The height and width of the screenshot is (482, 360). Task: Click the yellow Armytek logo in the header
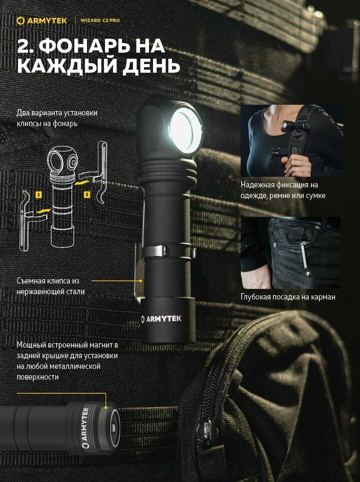[42, 21]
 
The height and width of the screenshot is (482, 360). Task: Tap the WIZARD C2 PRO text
[100, 21]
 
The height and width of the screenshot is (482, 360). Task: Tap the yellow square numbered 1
[39, 195]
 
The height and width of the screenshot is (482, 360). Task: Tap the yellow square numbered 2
[87, 194]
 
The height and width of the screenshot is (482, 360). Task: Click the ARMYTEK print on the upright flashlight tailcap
[161, 319]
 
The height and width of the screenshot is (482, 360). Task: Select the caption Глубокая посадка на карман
[288, 297]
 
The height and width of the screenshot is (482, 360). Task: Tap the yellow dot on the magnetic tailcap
[106, 408]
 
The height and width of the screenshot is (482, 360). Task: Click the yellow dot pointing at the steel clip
[141, 281]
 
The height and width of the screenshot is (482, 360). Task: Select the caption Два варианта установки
[57, 113]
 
